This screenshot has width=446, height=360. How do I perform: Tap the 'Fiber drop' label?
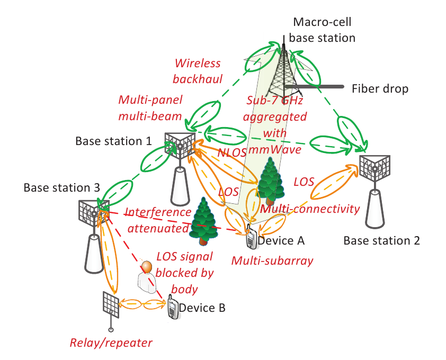tap(380, 89)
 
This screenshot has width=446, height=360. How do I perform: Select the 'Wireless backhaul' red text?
tap(197, 71)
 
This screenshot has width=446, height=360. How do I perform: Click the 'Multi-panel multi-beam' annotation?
tap(150, 108)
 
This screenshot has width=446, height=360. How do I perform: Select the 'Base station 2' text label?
tap(381, 241)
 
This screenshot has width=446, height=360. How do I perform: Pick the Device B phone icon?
tap(173, 309)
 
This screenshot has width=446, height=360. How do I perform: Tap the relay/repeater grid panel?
tap(111, 303)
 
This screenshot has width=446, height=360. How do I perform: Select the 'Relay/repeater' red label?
tap(111, 343)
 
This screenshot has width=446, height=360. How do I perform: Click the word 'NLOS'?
tap(231, 152)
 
